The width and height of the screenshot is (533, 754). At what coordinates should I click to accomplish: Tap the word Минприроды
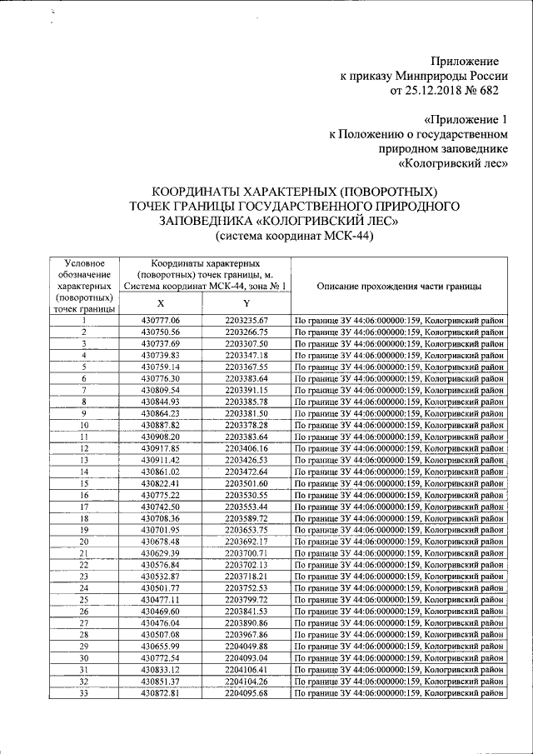(x=431, y=76)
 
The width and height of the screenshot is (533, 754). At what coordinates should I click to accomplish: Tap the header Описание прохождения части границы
(x=399, y=286)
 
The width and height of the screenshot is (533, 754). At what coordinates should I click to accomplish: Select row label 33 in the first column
(x=83, y=693)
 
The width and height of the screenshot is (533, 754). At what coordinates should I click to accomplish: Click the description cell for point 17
(x=399, y=507)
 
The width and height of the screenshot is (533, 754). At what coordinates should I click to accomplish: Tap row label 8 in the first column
(x=83, y=402)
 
